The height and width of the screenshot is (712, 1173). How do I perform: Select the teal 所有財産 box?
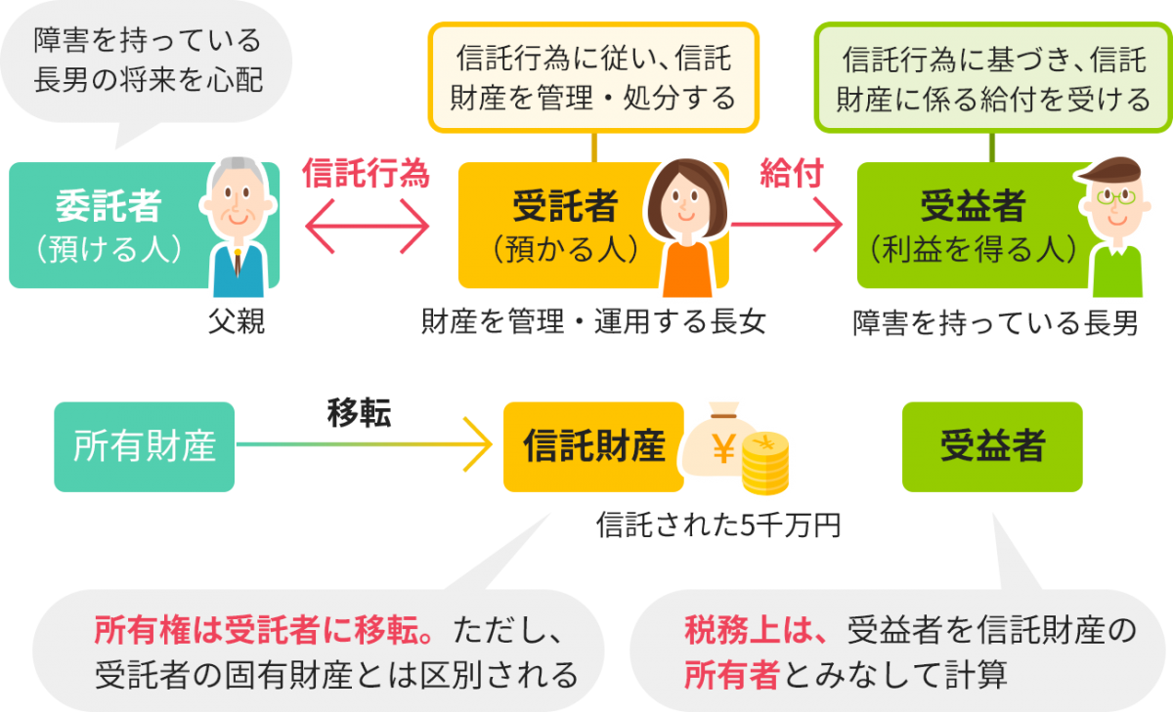coord(145,446)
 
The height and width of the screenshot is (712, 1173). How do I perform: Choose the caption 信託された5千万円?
coord(718,526)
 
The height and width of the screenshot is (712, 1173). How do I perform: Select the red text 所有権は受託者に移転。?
coord(265,631)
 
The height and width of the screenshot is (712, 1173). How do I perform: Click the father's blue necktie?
coord(237,264)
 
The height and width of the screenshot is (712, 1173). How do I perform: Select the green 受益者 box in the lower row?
coord(992,446)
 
